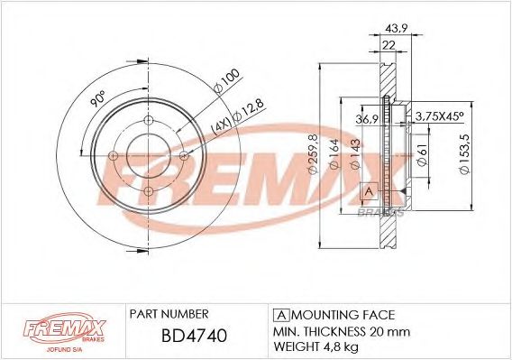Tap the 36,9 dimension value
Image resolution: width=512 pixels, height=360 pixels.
369,117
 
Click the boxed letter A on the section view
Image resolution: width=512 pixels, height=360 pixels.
368,190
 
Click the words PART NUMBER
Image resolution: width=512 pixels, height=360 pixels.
169,314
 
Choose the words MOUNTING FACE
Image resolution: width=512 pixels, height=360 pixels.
343,314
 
